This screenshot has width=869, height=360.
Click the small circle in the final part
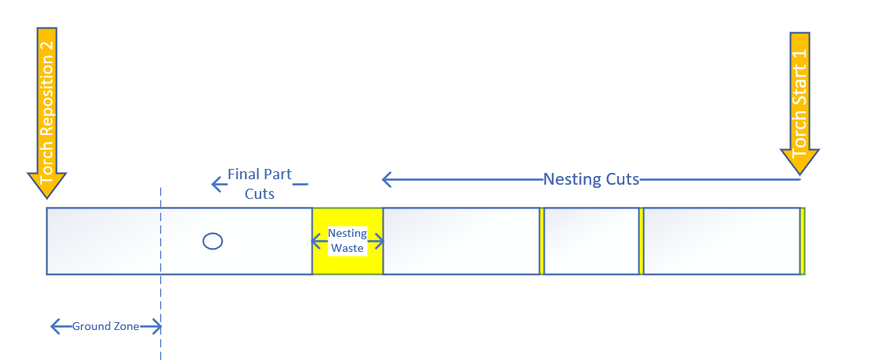click(212, 242)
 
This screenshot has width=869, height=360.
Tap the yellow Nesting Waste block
click(347, 261)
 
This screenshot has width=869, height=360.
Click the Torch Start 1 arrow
click(800, 103)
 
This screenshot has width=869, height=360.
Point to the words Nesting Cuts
click(591, 179)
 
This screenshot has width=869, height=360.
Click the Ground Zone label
click(106, 326)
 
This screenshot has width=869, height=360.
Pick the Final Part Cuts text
click(260, 183)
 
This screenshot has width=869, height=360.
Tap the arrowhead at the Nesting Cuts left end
click(387, 180)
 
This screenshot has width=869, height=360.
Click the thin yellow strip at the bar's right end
click(803, 241)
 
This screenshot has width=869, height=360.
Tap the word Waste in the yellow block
click(347, 248)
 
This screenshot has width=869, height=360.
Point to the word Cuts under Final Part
click(260, 193)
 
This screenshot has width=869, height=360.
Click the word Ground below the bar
click(89, 326)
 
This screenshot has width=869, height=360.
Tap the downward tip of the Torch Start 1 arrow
click(800, 173)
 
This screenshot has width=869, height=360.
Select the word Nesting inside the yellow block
click(347, 233)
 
